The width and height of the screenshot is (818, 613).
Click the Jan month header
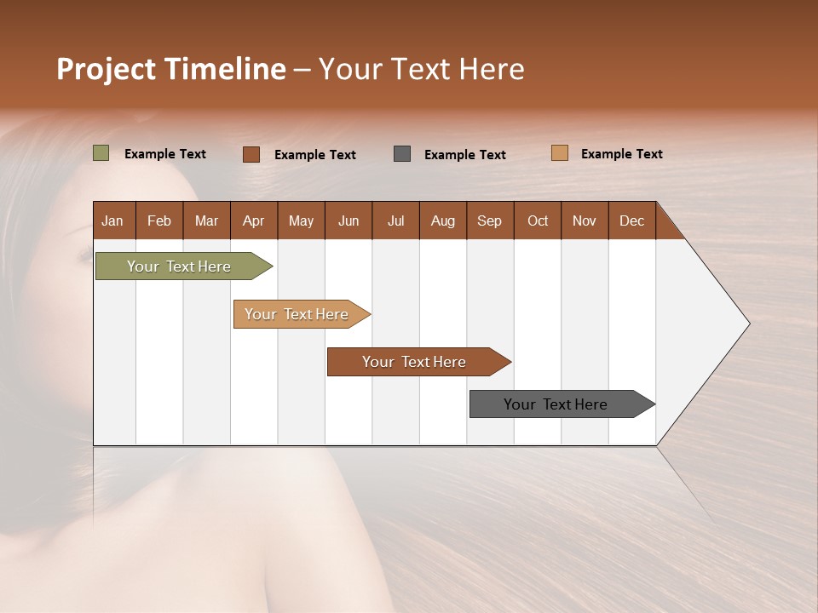(112, 221)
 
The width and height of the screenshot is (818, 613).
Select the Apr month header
(253, 221)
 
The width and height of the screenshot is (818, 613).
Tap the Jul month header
(395, 221)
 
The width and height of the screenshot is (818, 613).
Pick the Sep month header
(489, 221)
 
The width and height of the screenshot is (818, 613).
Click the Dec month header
(631, 221)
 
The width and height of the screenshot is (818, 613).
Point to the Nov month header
(584, 221)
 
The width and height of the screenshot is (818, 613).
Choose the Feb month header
(159, 221)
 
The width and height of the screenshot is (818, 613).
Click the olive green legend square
(101, 153)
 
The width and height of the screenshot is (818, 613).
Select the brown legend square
(251, 154)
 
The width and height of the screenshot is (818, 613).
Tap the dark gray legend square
(402, 153)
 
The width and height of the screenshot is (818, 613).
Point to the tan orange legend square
(559, 153)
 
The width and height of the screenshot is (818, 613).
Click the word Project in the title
(105, 69)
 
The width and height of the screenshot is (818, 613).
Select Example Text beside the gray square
(464, 154)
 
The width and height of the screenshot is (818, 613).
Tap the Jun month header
(349, 221)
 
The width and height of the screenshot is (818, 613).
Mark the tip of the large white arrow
(748, 324)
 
